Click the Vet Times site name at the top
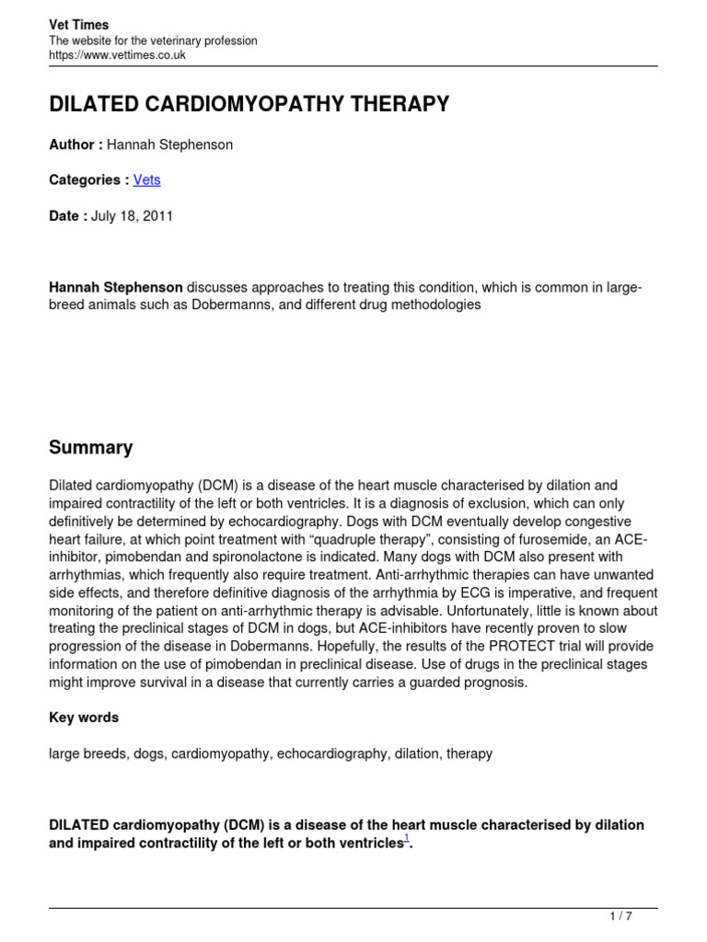pos(78,25)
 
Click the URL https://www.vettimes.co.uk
pos(117,55)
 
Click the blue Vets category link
pos(146,180)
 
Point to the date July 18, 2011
pos(132,216)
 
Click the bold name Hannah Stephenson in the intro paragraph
pos(116,288)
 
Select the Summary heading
pos(90,448)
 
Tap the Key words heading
pos(84,718)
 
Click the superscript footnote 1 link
pos(406,839)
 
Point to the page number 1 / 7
pos(621,916)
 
